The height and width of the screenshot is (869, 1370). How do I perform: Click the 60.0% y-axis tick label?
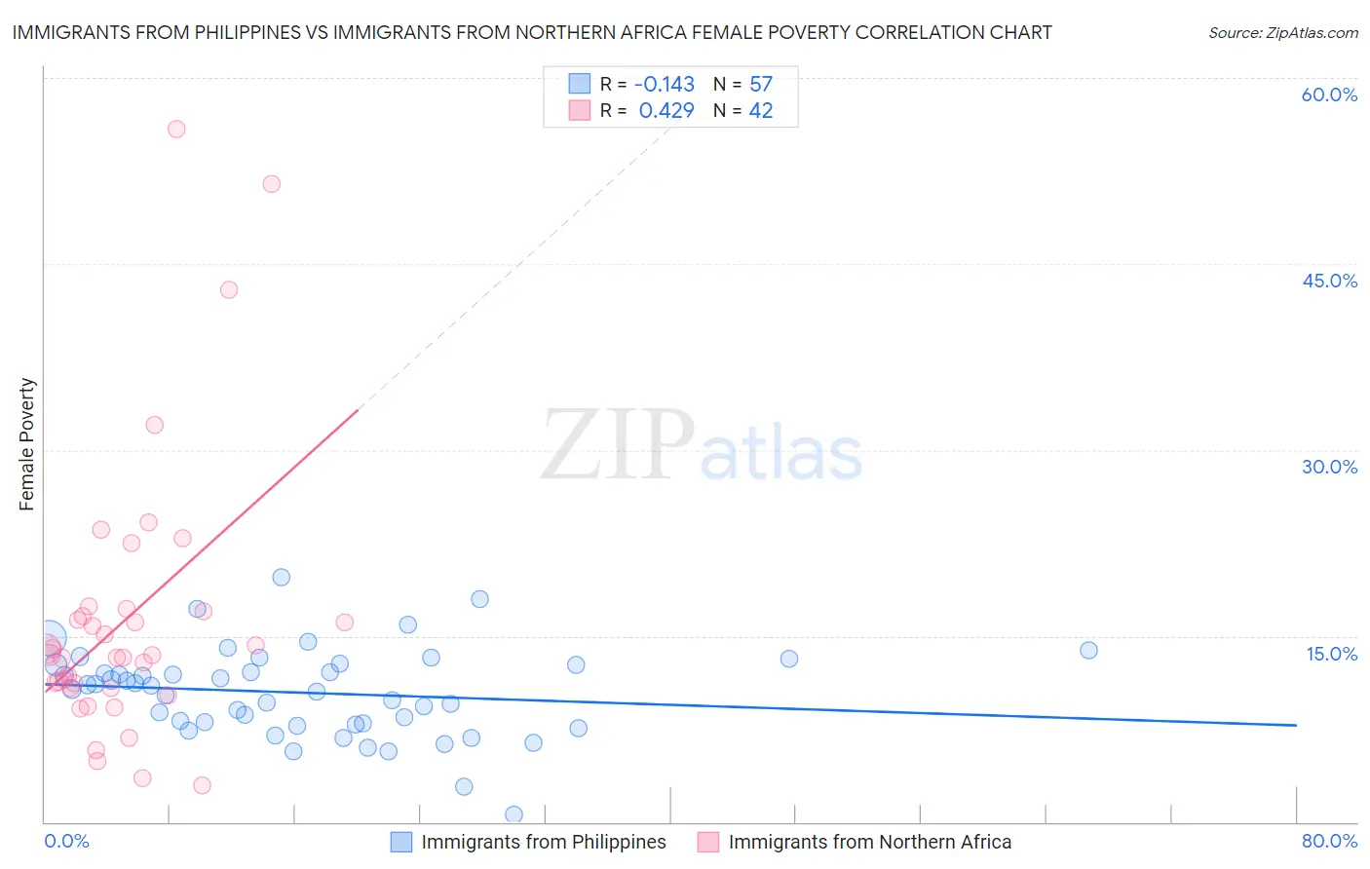point(1329,94)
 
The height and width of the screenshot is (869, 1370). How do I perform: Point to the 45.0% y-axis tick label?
point(1329,281)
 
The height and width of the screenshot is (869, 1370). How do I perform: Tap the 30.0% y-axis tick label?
point(1329,467)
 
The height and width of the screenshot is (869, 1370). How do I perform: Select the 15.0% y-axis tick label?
point(1331,654)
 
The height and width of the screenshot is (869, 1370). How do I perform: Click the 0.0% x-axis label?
point(66,841)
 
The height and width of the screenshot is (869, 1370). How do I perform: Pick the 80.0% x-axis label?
point(1329,841)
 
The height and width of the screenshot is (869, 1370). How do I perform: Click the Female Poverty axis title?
point(27,444)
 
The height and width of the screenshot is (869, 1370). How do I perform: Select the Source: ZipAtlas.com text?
point(1282,33)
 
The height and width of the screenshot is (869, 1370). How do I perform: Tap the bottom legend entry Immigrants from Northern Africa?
point(869,842)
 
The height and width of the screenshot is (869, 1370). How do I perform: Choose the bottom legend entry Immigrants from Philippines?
point(543,842)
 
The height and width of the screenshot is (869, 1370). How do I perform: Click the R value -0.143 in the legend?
point(664,85)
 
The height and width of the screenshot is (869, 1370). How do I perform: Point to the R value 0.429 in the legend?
point(666,111)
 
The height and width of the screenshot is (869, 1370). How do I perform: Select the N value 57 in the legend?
point(761,85)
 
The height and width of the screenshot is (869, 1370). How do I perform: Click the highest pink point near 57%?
point(176,129)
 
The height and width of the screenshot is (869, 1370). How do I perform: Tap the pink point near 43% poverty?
point(229,289)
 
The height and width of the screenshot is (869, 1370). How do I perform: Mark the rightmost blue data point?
point(1088,650)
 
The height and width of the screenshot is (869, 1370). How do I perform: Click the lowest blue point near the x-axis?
point(514,814)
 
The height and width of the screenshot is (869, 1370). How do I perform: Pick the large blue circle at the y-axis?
point(49,639)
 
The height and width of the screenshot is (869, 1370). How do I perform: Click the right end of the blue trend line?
point(1296,725)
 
